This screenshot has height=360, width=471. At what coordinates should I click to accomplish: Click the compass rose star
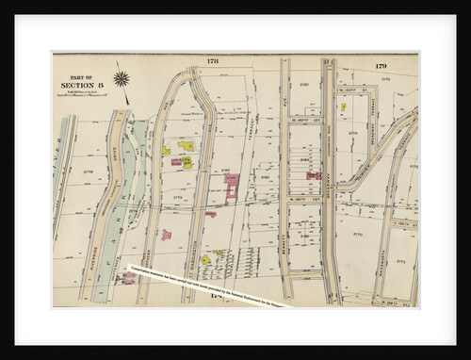pos(121,78)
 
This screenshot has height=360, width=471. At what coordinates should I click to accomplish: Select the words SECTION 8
pos(81,86)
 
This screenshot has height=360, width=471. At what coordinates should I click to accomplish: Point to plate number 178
pos(212,61)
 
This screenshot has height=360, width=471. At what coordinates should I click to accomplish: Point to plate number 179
pos(381,65)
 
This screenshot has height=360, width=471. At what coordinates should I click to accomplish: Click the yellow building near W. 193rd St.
pos(343,106)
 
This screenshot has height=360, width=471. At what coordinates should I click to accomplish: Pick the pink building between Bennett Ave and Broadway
pos(313,175)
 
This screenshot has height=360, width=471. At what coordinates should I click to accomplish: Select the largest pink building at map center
pos(232,188)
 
